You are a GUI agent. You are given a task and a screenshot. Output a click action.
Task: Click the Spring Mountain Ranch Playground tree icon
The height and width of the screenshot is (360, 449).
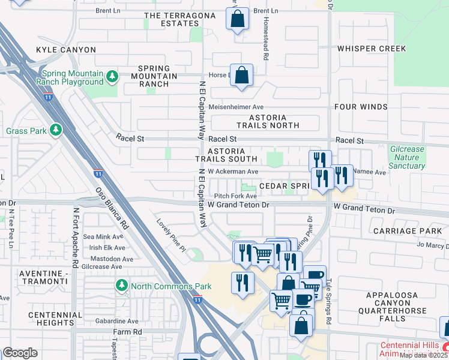(x=112, y=77)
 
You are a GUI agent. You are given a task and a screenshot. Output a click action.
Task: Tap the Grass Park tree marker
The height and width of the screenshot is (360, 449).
(x=55, y=130)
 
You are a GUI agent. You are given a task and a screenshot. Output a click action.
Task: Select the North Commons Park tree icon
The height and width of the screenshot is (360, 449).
(x=122, y=285)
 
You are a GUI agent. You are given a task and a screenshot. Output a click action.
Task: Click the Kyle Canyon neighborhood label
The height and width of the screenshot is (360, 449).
(x=66, y=49)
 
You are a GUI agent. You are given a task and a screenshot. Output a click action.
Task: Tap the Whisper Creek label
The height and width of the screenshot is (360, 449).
(x=372, y=49)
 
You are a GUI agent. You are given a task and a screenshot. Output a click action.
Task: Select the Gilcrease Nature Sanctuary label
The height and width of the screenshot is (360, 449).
(x=406, y=157)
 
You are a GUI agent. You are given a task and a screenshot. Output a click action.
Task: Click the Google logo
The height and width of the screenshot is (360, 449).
(x=20, y=352)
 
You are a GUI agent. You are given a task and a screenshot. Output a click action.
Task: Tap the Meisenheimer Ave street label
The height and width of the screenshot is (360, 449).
(x=237, y=107)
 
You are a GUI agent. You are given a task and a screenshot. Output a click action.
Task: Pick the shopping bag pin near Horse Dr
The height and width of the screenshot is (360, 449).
(x=241, y=76)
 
